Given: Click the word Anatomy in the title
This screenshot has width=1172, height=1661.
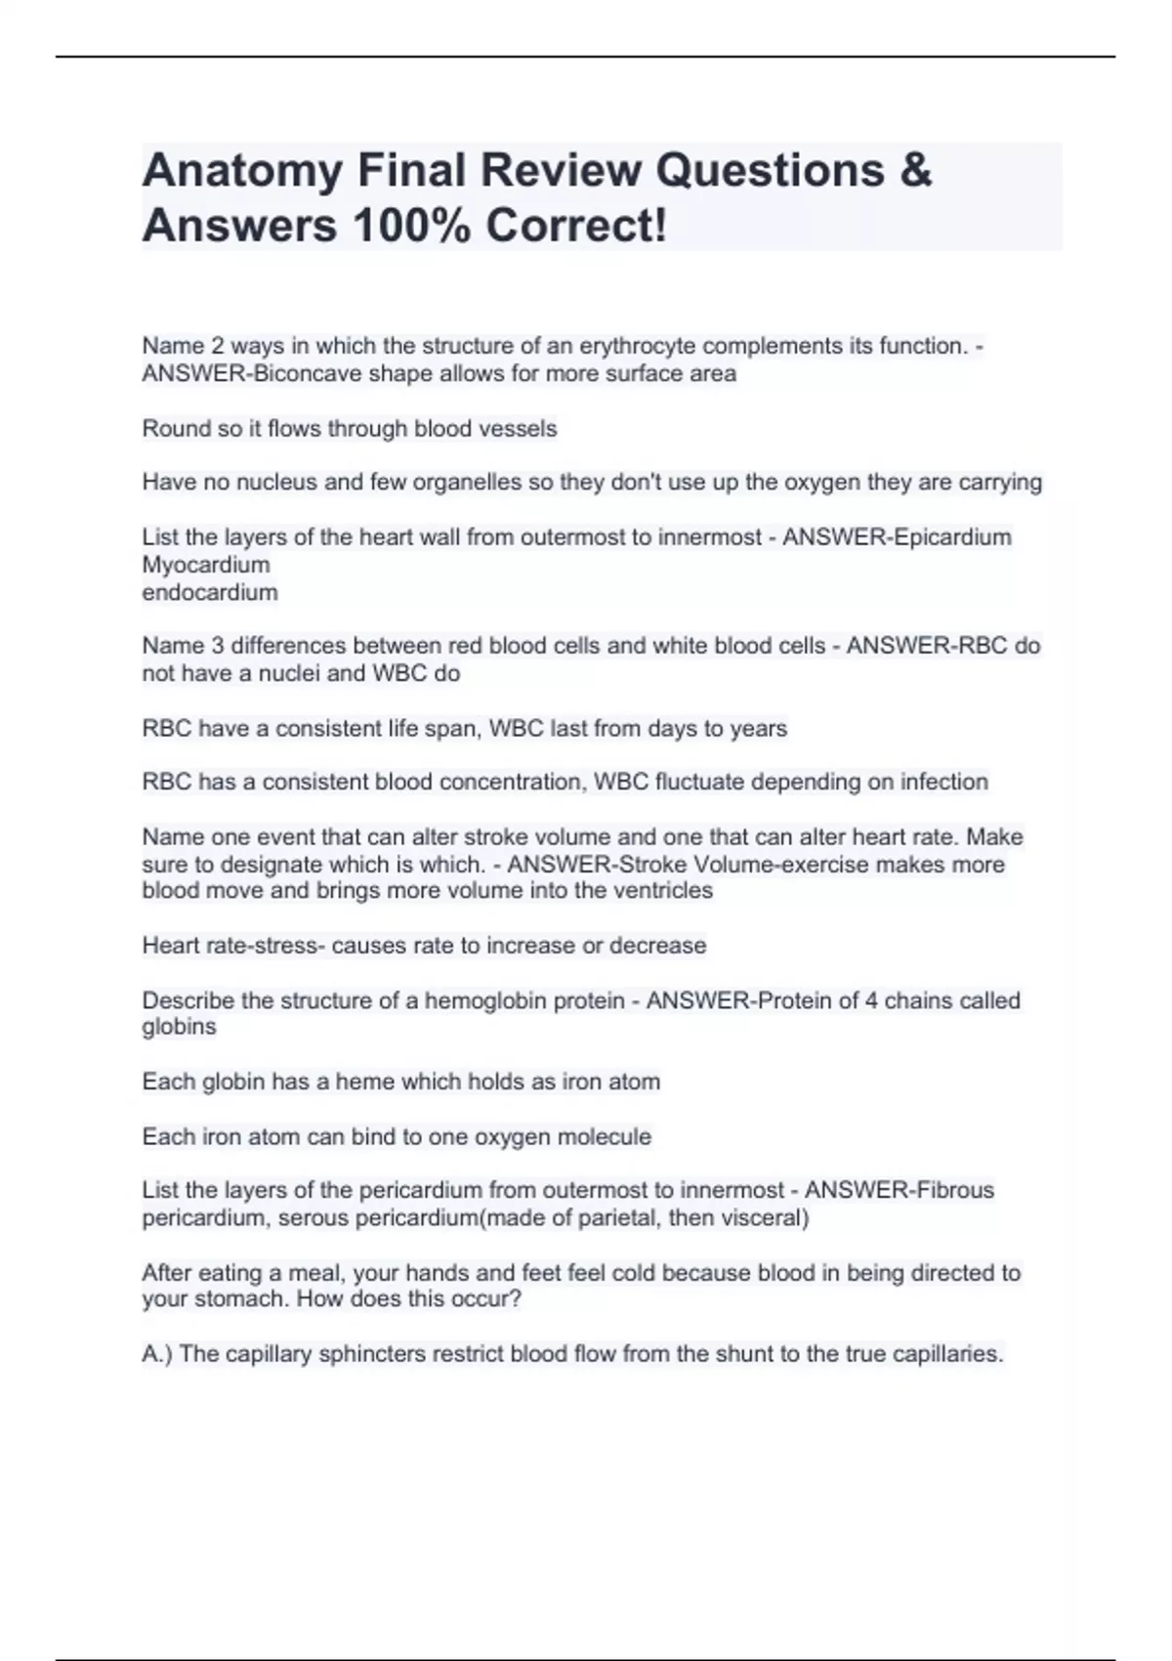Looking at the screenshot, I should [242, 172].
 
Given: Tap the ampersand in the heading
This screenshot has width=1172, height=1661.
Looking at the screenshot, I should [914, 170].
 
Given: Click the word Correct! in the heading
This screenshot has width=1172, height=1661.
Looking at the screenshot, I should [576, 227].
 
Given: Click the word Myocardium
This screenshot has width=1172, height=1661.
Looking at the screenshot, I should [206, 565].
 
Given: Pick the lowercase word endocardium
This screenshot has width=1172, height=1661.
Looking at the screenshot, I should [210, 592].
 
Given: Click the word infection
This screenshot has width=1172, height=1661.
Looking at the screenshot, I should [944, 782].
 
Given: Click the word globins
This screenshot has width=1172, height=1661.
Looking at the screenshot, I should [180, 1027].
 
